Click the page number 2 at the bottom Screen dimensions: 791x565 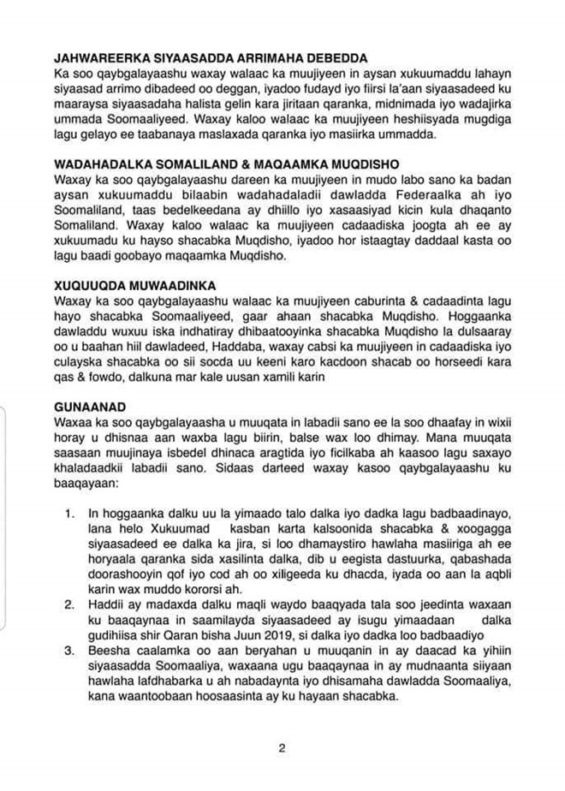click(x=282, y=747)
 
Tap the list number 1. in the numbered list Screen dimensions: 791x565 click(x=70, y=513)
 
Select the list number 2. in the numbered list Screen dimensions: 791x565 click(x=70, y=605)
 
